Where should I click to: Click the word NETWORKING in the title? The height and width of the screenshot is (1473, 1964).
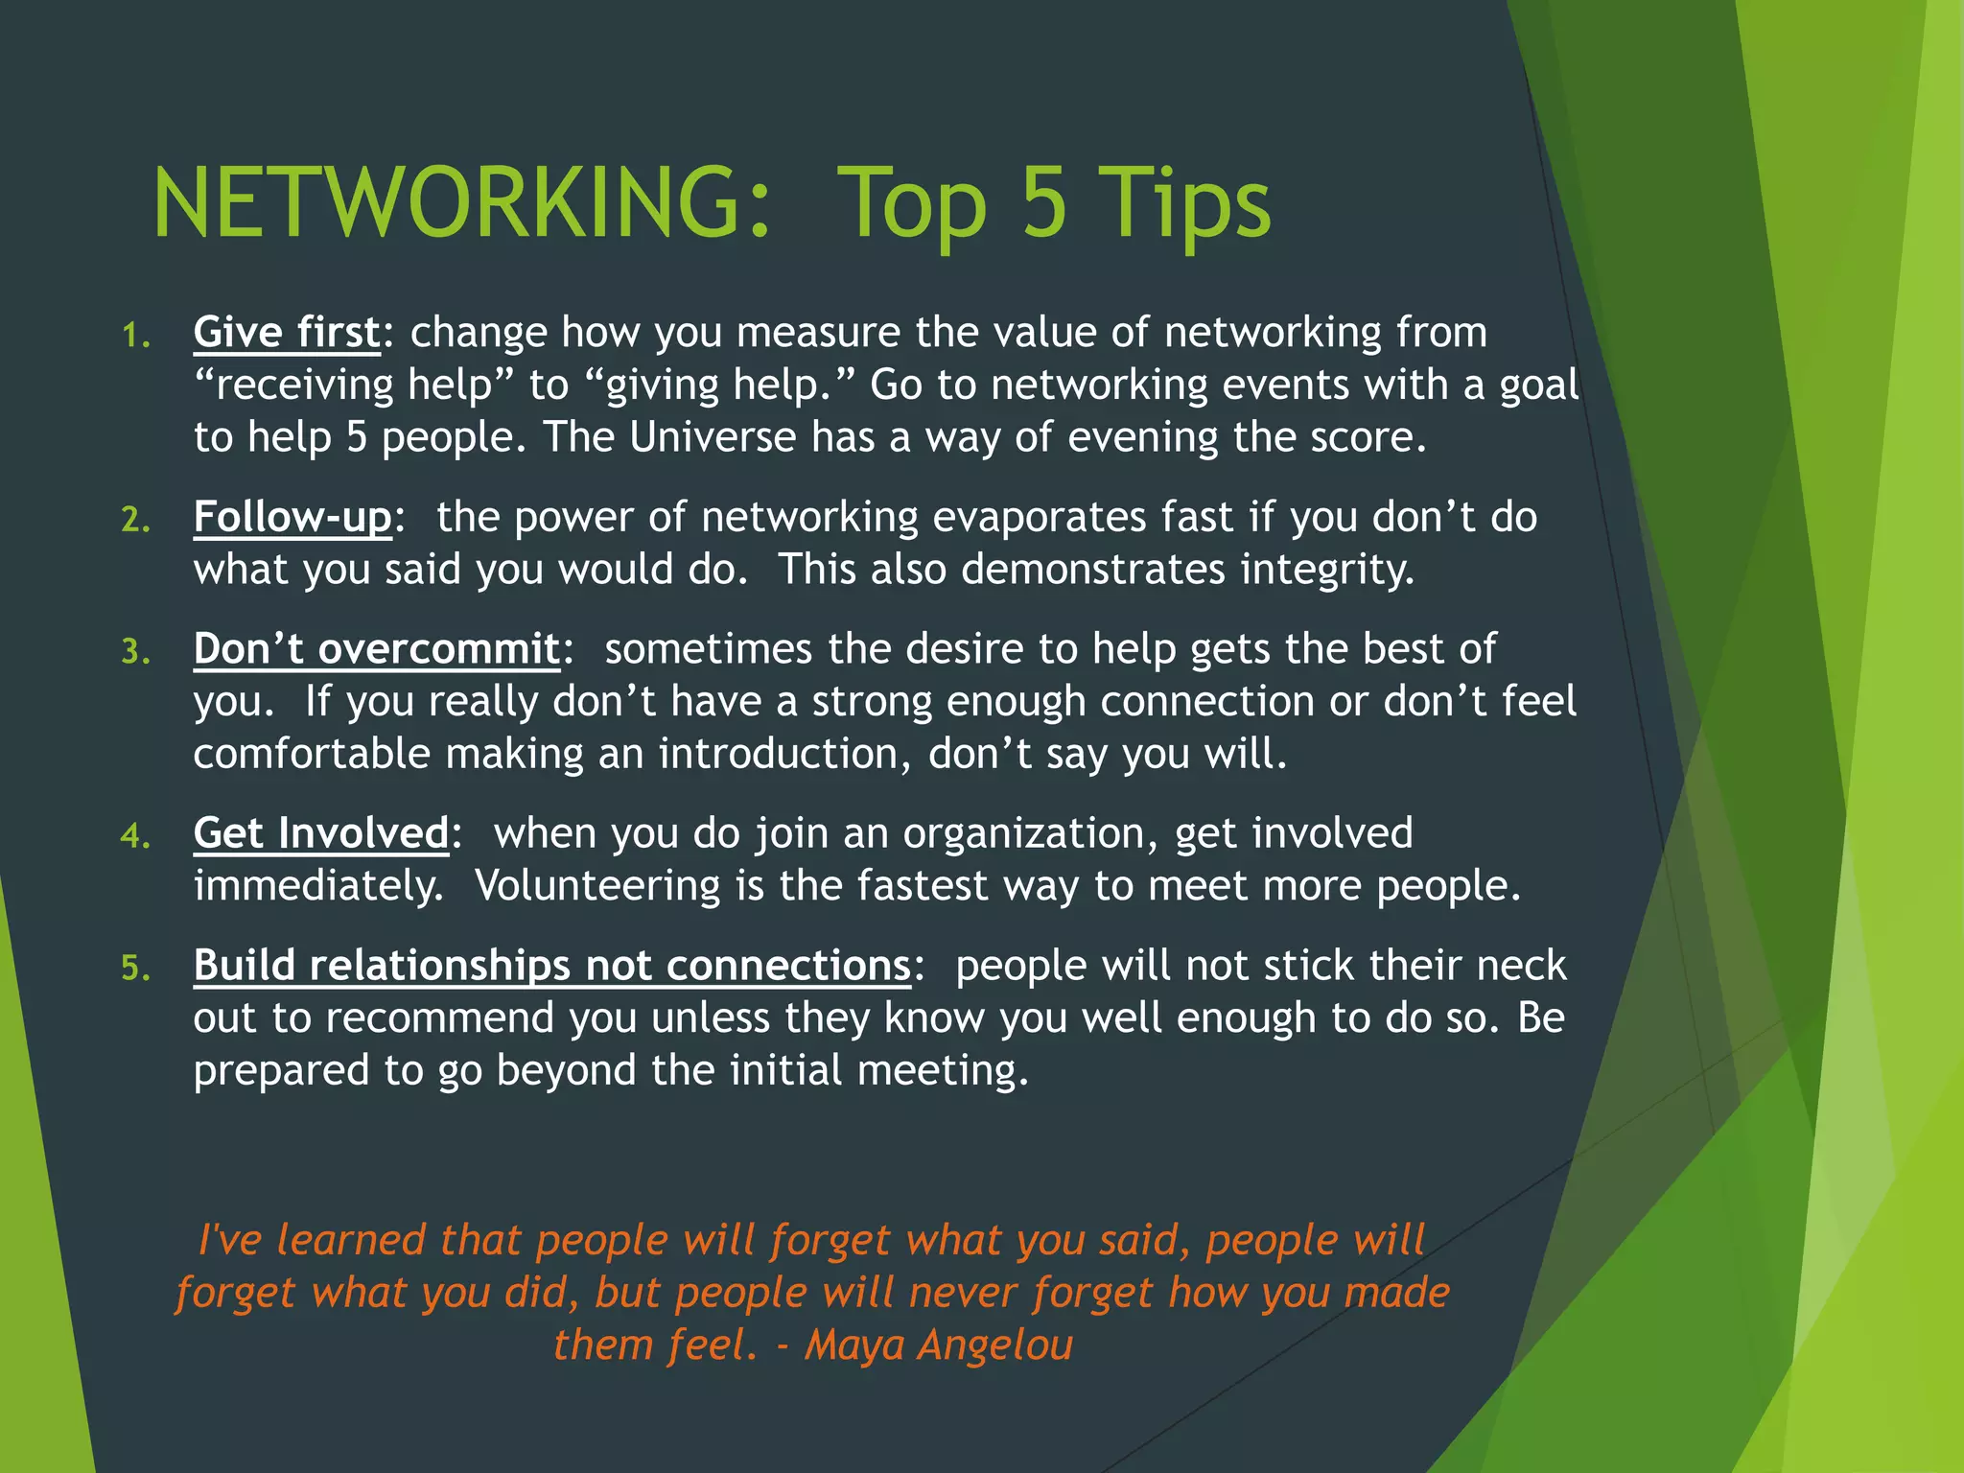(x=461, y=203)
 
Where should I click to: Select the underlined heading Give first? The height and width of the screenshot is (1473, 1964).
(x=287, y=333)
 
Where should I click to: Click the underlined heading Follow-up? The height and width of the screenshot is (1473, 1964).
(x=292, y=518)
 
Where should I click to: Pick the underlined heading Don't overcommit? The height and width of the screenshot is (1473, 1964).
(x=376, y=649)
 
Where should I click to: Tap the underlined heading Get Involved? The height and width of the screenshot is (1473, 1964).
(x=321, y=833)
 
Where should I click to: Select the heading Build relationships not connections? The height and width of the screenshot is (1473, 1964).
(x=551, y=966)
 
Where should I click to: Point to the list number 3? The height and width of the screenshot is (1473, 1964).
(x=135, y=652)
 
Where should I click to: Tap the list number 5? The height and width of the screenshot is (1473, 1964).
(x=135, y=969)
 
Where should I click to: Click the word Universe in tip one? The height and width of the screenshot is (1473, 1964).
(x=713, y=437)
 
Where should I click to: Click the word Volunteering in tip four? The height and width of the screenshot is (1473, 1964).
(x=596, y=886)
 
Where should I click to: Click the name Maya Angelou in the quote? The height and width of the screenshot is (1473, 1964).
(x=938, y=1344)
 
